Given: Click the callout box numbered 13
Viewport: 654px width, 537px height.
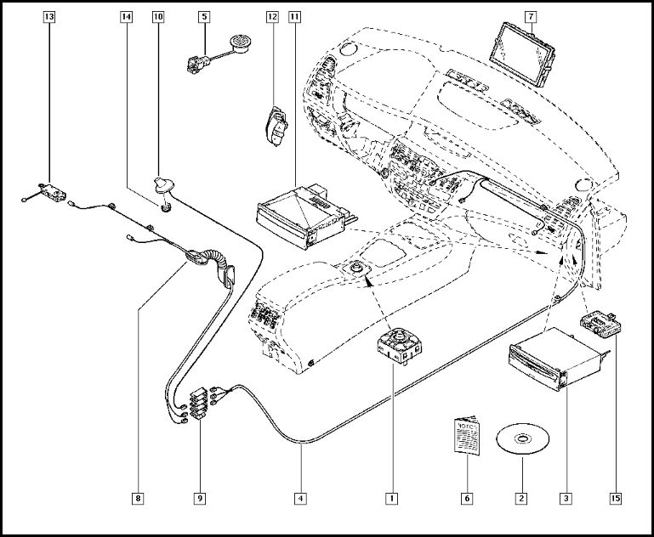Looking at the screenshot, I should click(48, 17).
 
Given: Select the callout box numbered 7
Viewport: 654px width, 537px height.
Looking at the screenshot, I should click(530, 17).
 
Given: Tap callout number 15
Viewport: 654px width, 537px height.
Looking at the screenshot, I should click(614, 497).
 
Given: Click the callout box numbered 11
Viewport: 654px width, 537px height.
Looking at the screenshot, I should click(294, 17).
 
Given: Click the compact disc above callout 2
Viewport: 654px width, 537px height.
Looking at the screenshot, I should click(522, 440).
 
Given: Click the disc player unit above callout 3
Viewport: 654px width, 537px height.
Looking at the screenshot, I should click(551, 361).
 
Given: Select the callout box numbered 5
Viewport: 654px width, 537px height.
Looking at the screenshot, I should click(204, 17).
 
